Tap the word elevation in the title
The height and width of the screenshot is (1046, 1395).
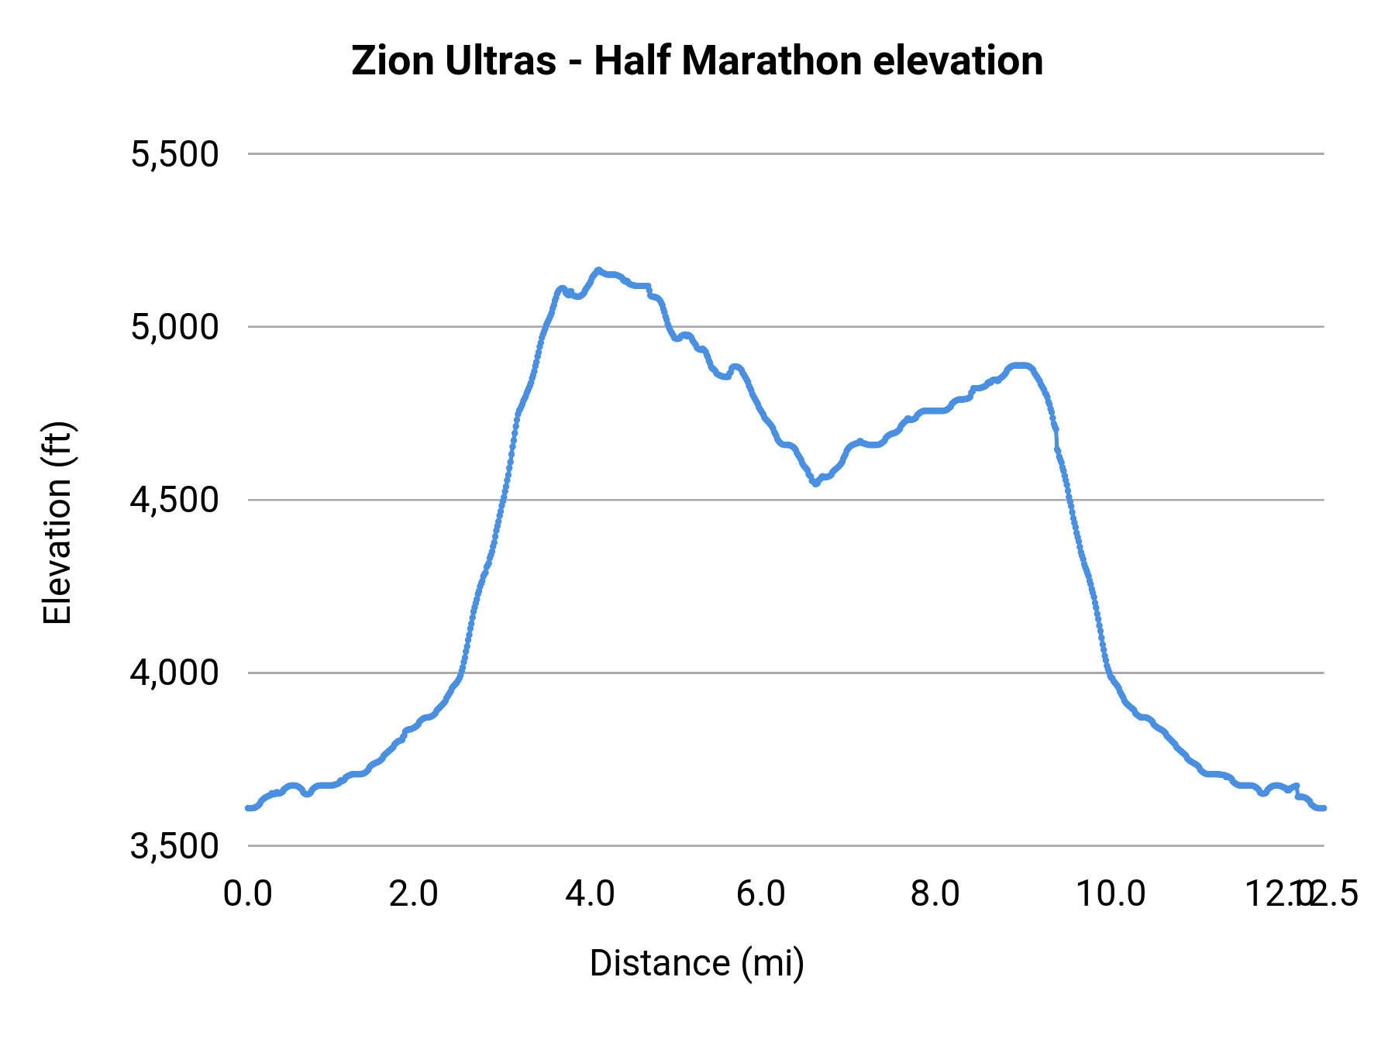pyautogui.click(x=958, y=61)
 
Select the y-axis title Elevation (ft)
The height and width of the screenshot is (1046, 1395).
pyautogui.click(x=57, y=523)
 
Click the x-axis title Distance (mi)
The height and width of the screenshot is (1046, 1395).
pyautogui.click(x=697, y=963)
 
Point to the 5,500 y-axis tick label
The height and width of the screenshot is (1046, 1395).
pyautogui.click(x=174, y=154)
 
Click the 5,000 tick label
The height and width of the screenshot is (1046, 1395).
pyautogui.click(x=174, y=327)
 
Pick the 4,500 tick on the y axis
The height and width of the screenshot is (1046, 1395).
pyautogui.click(x=174, y=500)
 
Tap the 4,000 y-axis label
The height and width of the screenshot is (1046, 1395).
pyautogui.click(x=174, y=673)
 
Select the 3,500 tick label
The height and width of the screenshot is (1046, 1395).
pyautogui.click(x=174, y=846)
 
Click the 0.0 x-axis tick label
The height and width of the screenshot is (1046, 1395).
pyautogui.click(x=248, y=894)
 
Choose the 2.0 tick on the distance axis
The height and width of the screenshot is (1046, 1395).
pyautogui.click(x=413, y=894)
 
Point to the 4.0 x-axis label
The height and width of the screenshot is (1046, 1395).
pyautogui.click(x=590, y=894)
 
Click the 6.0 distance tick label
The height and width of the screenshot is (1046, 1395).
pyautogui.click(x=761, y=894)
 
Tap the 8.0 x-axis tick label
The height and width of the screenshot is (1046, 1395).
pyautogui.click(x=935, y=894)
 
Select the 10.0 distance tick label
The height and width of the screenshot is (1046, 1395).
pyautogui.click(x=1111, y=894)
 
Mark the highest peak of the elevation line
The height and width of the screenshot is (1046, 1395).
pyautogui.click(x=598, y=270)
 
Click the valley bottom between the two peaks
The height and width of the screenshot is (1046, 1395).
pyautogui.click(x=815, y=483)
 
